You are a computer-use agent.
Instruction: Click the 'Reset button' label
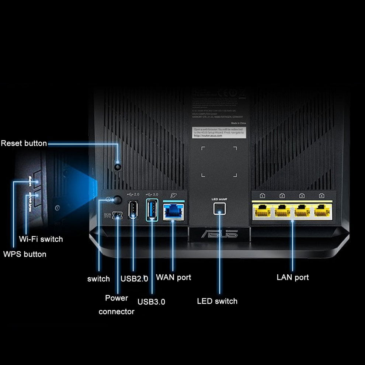24,143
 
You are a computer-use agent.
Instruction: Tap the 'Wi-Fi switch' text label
41,239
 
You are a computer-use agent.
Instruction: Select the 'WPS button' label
25,254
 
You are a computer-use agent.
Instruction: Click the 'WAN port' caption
174,277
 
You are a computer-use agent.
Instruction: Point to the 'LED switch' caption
217,301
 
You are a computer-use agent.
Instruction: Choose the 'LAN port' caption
293,277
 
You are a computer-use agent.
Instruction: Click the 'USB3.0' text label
151,302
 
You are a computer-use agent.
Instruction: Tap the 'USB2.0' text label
134,278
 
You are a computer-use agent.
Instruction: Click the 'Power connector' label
117,305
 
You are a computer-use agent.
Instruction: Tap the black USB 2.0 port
133,210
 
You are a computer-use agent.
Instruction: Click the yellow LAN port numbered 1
263,212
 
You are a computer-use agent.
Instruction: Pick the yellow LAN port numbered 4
322,212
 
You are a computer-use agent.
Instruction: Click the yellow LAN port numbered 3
302,212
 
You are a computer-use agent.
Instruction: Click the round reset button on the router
118,166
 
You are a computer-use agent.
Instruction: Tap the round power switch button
117,200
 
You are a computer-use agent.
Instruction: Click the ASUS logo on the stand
219,234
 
